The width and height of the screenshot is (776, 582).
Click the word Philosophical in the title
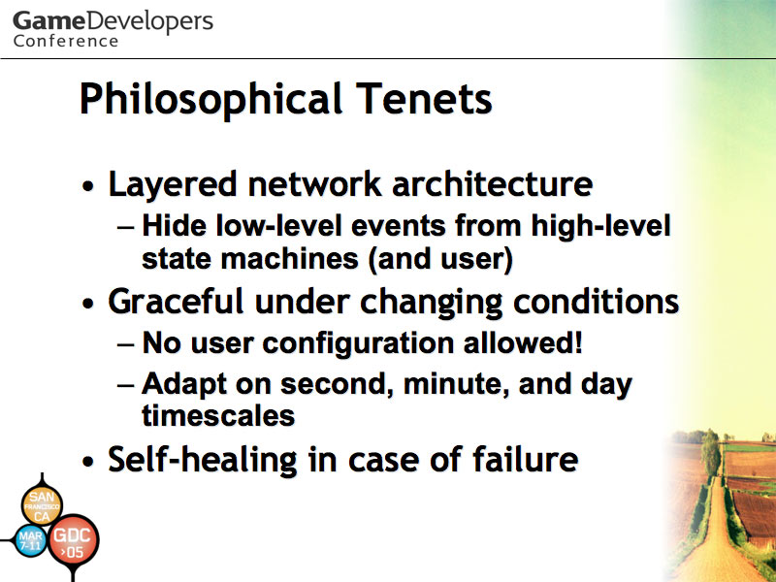point(210,99)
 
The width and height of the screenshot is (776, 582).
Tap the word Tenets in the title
point(424,99)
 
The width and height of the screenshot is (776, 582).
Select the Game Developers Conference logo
point(113,29)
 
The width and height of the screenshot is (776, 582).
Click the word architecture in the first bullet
point(493,183)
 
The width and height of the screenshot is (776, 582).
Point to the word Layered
point(173,185)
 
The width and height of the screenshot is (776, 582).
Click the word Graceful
point(176,301)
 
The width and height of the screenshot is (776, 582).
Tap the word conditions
point(596,301)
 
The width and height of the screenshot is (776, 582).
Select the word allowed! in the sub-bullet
point(523,342)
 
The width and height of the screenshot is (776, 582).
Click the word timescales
point(218,415)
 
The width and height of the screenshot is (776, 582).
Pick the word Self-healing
point(203,459)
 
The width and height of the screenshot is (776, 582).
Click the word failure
point(525,458)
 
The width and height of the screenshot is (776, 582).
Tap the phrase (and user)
point(440,259)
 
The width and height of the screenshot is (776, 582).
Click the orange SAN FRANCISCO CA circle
point(42,505)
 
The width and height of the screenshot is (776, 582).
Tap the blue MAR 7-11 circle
point(31,540)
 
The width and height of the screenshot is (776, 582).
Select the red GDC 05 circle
point(73,541)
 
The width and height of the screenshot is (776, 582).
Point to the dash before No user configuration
point(125,344)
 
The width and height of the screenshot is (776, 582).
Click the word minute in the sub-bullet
point(456,383)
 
